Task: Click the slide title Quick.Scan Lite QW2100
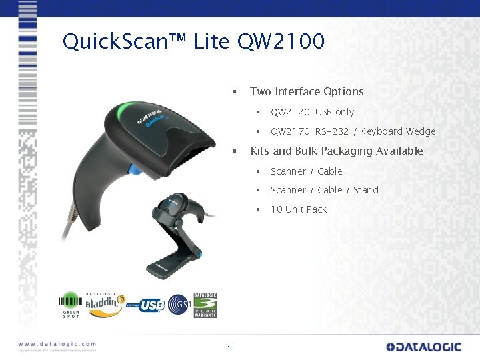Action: (x=193, y=42)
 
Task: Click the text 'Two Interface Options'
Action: (x=307, y=91)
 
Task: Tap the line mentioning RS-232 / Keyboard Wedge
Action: (x=353, y=131)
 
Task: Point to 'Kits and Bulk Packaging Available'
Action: (x=336, y=151)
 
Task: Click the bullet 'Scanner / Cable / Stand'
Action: (x=324, y=190)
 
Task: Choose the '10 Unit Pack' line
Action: (x=298, y=209)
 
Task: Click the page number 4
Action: (x=230, y=346)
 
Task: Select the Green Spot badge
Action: (x=71, y=305)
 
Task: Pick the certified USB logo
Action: (x=147, y=305)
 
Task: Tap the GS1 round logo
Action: (x=179, y=305)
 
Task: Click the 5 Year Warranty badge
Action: (x=205, y=305)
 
